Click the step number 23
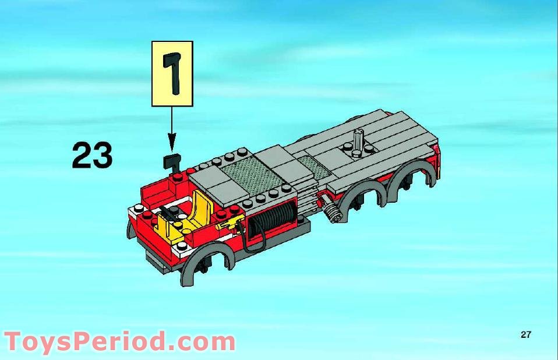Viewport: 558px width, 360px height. click(x=92, y=155)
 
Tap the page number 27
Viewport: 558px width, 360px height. click(x=526, y=334)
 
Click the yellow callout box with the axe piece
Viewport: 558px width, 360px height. click(x=172, y=73)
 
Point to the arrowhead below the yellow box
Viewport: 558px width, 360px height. click(x=172, y=142)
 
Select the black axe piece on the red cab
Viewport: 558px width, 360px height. click(x=172, y=163)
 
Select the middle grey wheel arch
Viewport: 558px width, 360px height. click(x=361, y=199)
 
